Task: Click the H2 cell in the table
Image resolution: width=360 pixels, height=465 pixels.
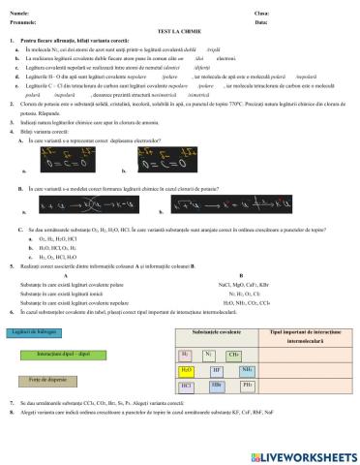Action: [x=187, y=356]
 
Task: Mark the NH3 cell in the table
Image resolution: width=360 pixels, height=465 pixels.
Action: [x=248, y=370]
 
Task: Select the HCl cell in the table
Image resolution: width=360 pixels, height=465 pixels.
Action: [x=187, y=385]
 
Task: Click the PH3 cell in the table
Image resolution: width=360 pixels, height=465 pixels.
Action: [x=248, y=385]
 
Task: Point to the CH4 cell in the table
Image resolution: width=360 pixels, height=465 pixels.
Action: [x=234, y=356]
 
